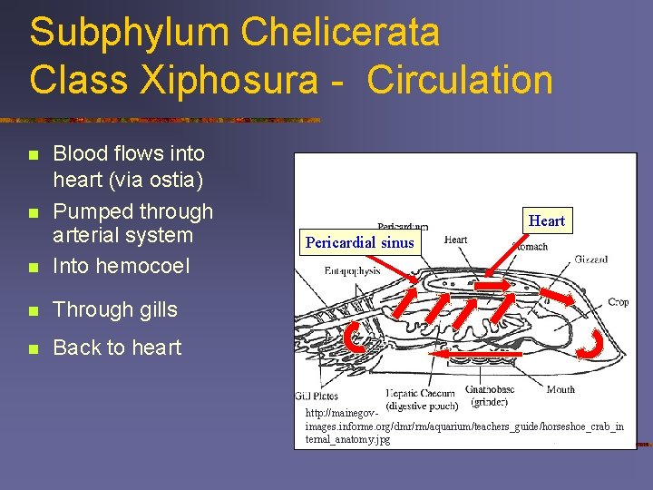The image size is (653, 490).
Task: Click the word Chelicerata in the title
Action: coord(340,32)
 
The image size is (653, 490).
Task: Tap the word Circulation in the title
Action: coord(460,79)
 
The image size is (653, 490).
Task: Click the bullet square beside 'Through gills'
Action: coord(34,310)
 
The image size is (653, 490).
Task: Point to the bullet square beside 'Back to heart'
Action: coord(34,348)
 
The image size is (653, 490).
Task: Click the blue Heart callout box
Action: coord(547,220)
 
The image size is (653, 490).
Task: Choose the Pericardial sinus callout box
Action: coord(360,242)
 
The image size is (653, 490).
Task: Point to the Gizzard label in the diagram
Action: coord(591,260)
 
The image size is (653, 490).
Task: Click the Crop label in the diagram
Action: coord(618,302)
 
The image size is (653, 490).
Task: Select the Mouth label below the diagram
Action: coord(560,390)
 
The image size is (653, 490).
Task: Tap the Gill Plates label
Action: coord(316,395)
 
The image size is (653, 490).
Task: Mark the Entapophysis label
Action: coord(352,269)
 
